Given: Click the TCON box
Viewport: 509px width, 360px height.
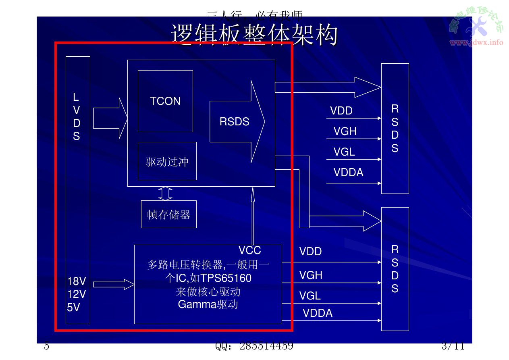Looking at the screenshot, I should tap(165, 101).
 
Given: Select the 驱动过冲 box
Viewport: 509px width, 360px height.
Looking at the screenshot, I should tap(167, 161).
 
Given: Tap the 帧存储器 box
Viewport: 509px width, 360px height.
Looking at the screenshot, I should tap(168, 214).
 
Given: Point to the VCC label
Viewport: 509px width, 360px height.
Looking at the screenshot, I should tap(249, 250).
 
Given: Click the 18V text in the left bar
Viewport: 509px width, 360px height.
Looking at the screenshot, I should tap(77, 281).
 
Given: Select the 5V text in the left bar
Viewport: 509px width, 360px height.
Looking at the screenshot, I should tap(74, 308).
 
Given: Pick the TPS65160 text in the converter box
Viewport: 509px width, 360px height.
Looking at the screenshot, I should tap(226, 278).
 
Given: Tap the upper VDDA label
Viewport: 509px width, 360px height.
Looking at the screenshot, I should tap(348, 173).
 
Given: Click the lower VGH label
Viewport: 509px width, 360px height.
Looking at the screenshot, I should tap(311, 275).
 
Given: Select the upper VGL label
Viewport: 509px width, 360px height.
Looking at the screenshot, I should tap(344, 152).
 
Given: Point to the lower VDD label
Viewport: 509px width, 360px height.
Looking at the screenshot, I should tap(310, 252).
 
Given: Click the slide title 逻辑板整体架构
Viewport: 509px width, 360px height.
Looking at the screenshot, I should tap(254, 35).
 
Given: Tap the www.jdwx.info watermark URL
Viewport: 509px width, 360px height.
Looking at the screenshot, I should tap(476, 42).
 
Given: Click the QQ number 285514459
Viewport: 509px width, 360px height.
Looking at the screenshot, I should tap(266, 346).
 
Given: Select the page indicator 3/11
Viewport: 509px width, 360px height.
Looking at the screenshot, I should tap(453, 346).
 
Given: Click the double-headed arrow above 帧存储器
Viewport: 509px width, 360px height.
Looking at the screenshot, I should tap(165, 194).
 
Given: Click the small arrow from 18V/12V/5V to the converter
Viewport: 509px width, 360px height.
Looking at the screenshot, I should tap(114, 284).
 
